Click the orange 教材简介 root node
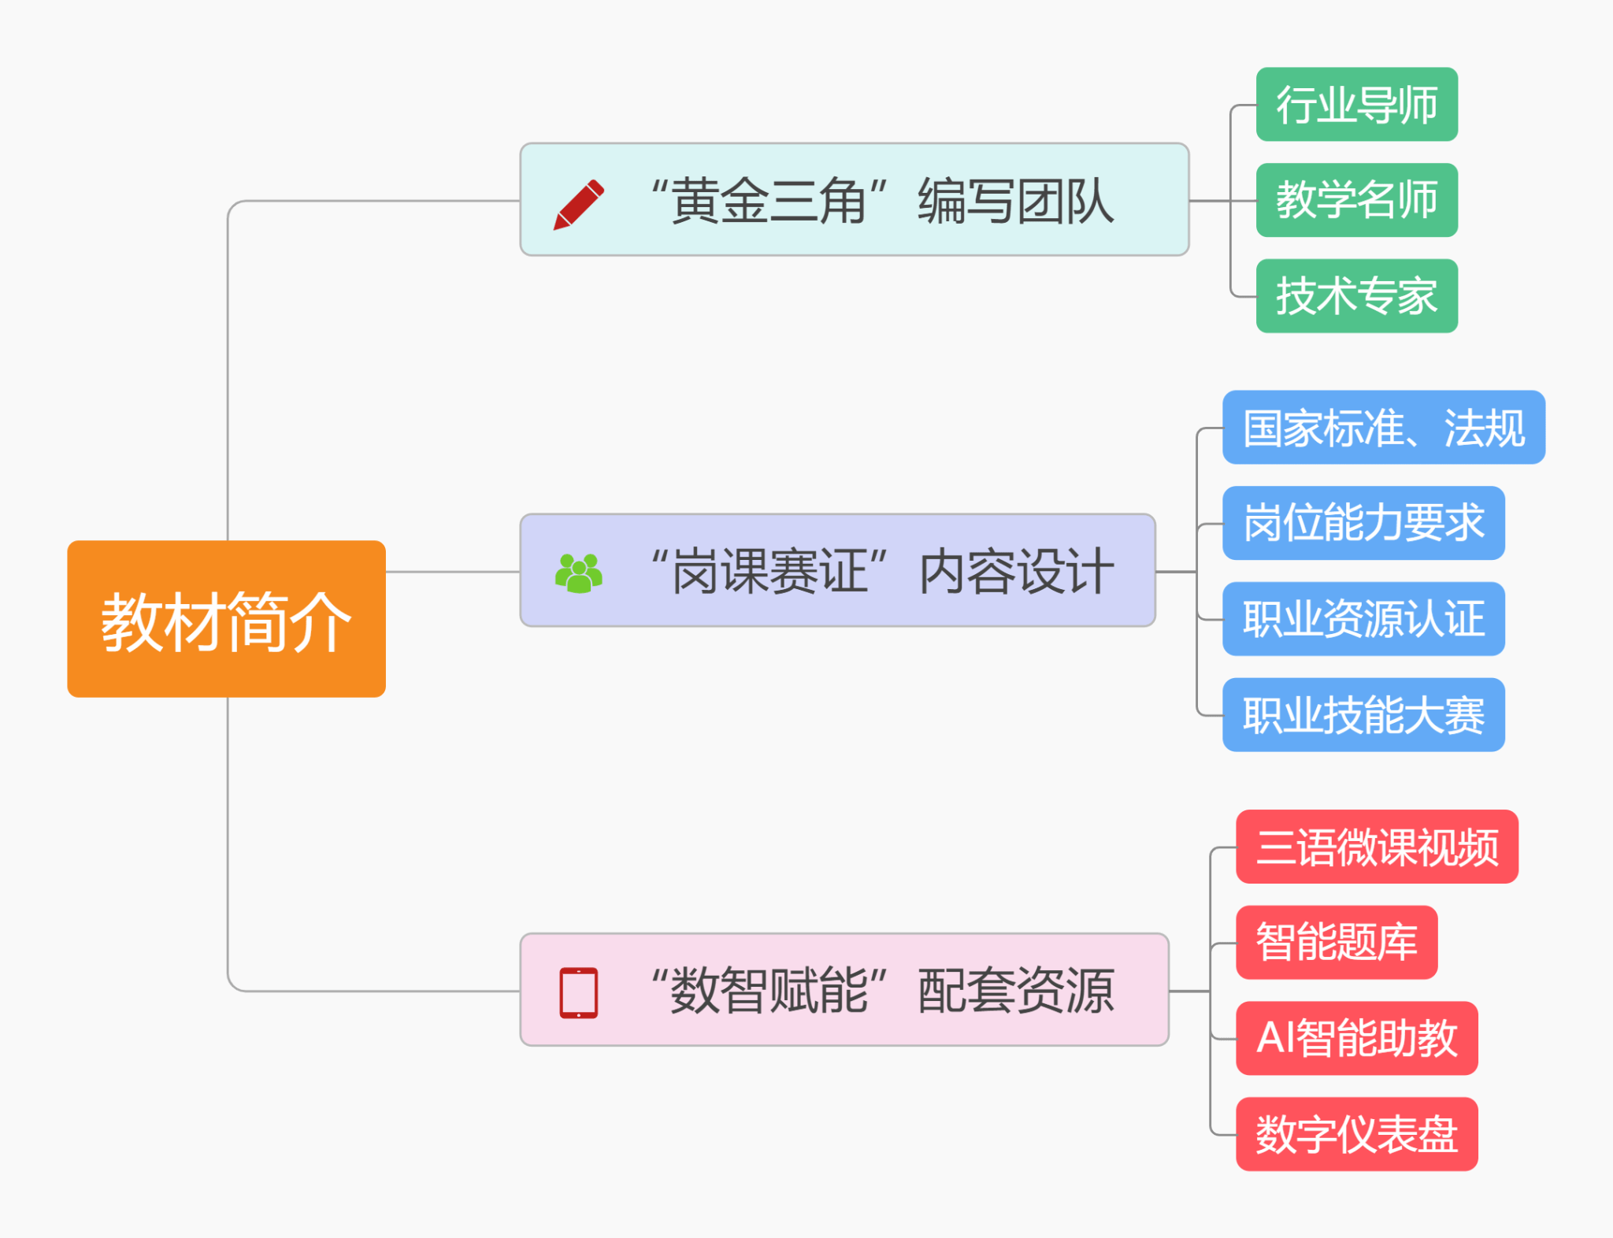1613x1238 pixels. click(x=226, y=619)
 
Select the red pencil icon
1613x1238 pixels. click(x=579, y=204)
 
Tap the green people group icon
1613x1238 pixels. click(x=579, y=573)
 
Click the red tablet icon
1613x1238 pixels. click(x=579, y=992)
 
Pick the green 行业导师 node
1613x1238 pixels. click(x=1356, y=105)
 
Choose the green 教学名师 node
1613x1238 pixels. click(x=1356, y=200)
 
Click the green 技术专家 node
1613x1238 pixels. click(x=1356, y=296)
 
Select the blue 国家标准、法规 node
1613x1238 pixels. click(x=1383, y=428)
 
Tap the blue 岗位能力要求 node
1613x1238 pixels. click(x=1363, y=523)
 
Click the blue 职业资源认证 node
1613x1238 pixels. click(x=1363, y=619)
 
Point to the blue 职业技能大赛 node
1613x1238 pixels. click(x=1363, y=715)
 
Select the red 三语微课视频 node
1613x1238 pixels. click(x=1377, y=847)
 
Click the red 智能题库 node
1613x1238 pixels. click(x=1337, y=943)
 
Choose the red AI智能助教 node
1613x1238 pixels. click(x=1356, y=1038)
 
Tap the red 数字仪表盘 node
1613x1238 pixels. click(x=1356, y=1134)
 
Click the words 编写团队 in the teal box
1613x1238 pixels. click(x=1016, y=201)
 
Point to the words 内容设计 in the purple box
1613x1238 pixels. click(x=1016, y=572)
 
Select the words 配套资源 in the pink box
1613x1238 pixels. click(x=1016, y=991)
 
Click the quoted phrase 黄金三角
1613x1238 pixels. click(x=769, y=201)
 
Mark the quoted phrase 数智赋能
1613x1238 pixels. click(x=769, y=991)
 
